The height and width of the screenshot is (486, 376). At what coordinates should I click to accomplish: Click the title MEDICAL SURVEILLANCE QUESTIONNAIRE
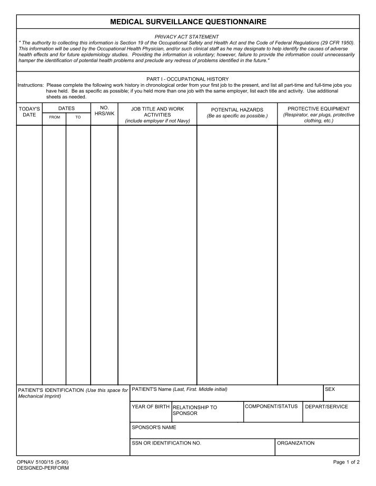pyautogui.click(x=188, y=22)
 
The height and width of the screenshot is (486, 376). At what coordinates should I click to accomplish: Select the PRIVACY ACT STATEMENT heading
pyautogui.click(x=187, y=37)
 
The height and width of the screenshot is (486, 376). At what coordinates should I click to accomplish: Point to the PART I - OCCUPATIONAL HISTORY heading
pyautogui.click(x=187, y=79)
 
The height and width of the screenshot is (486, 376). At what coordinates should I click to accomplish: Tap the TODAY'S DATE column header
pyautogui.click(x=29, y=112)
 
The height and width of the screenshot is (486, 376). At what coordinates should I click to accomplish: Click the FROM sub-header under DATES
pyautogui.click(x=54, y=117)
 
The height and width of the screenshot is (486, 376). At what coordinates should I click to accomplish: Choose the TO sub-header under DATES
pyautogui.click(x=78, y=117)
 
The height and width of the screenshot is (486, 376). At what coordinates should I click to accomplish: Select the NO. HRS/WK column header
pyautogui.click(x=104, y=111)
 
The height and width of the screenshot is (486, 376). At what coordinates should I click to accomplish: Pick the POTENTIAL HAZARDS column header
pyautogui.click(x=237, y=110)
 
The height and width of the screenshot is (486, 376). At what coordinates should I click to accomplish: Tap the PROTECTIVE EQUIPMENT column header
pyautogui.click(x=319, y=109)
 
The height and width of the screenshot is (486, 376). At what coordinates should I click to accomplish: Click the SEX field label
pyautogui.click(x=330, y=389)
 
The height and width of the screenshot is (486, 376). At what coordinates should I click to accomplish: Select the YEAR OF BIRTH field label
pyautogui.click(x=151, y=407)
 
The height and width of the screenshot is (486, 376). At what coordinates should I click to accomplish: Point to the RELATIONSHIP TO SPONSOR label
pyautogui.click(x=194, y=410)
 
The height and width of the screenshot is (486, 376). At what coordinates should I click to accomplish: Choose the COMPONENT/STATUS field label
pyautogui.click(x=271, y=407)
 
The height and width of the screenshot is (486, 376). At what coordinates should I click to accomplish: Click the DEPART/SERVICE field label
pyautogui.click(x=326, y=407)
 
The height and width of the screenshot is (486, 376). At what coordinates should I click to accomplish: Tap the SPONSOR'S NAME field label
pyautogui.click(x=154, y=427)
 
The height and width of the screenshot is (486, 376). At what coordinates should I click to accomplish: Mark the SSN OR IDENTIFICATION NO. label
pyautogui.click(x=166, y=443)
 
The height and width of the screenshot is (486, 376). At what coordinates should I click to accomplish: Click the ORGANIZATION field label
pyautogui.click(x=296, y=443)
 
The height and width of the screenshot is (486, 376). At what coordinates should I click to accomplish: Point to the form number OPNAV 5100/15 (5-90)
pyautogui.click(x=43, y=462)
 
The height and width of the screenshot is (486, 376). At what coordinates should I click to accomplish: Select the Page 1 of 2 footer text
pyautogui.click(x=347, y=462)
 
